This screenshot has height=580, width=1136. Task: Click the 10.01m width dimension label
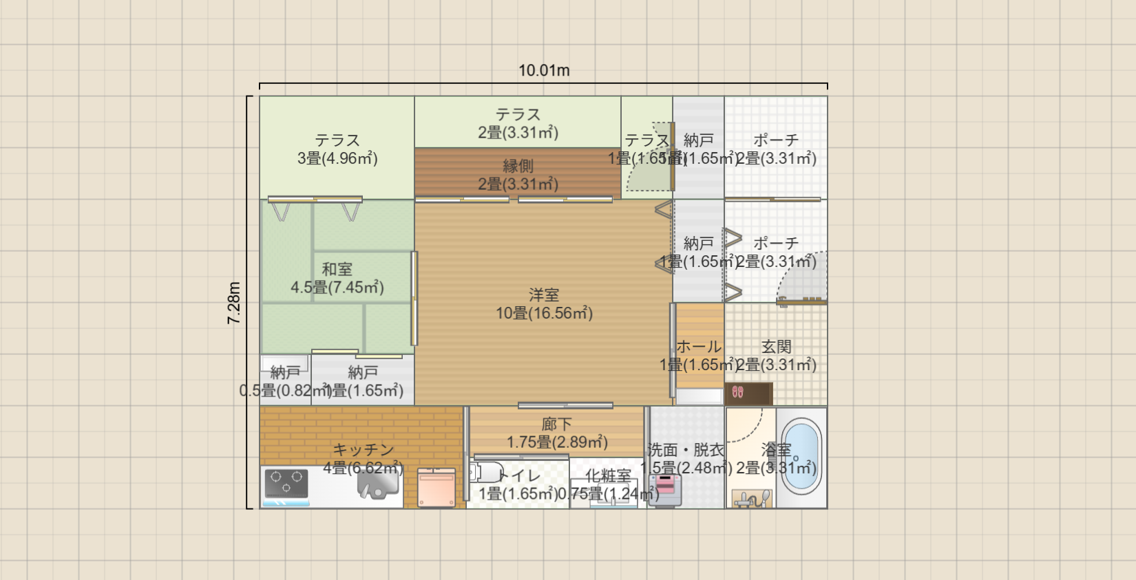(x=543, y=71)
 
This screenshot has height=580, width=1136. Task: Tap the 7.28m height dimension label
(x=234, y=303)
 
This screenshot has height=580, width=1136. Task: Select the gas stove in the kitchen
(x=286, y=483)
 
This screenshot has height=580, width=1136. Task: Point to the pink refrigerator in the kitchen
(x=436, y=488)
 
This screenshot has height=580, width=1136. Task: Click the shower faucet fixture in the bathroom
(x=752, y=499)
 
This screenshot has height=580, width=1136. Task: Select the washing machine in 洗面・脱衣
(x=664, y=488)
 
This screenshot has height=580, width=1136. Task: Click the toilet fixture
(x=485, y=473)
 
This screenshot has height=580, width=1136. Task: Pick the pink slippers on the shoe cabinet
(x=737, y=392)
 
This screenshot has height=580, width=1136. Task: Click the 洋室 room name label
(x=544, y=295)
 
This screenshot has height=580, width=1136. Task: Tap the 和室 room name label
(x=337, y=269)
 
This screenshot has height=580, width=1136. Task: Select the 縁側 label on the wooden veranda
(x=518, y=166)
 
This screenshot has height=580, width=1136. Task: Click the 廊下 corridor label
(x=556, y=425)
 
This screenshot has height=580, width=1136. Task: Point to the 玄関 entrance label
(x=776, y=347)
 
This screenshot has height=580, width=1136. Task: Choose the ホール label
(x=699, y=347)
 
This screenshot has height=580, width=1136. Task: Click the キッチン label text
(x=363, y=450)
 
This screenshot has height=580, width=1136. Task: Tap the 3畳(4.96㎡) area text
(x=337, y=158)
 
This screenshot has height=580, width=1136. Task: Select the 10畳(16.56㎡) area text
(x=544, y=313)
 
